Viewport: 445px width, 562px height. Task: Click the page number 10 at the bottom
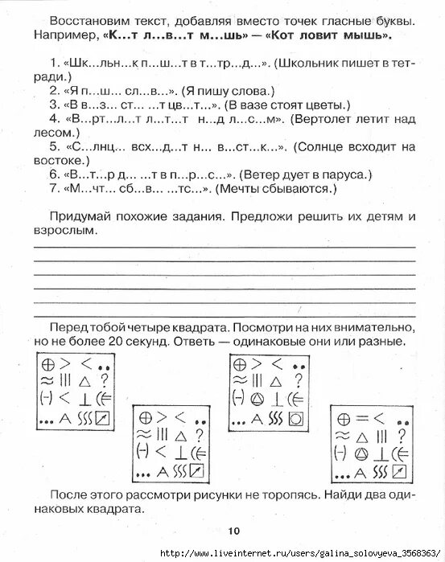(x=233, y=530)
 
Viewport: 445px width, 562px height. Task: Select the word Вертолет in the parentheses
(x=327, y=119)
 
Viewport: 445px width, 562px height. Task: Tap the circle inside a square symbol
(x=295, y=419)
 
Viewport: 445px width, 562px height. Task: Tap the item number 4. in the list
(x=53, y=119)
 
